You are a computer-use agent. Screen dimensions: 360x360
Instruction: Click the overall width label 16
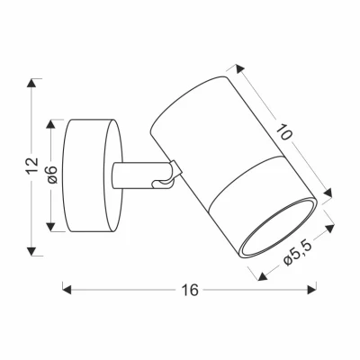(188, 291)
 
